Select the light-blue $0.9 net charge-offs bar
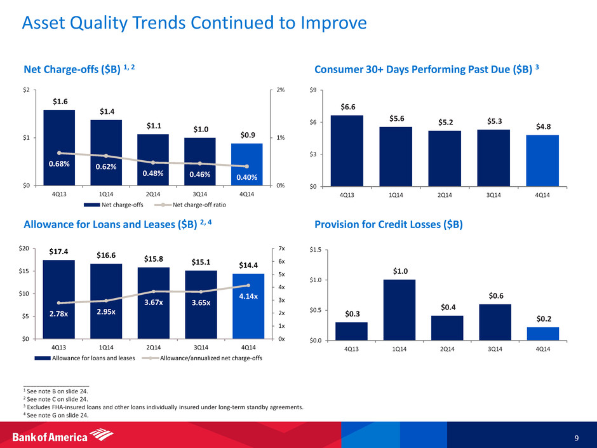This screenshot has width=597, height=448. [247, 164]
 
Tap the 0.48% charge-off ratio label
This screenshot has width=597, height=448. [153, 173]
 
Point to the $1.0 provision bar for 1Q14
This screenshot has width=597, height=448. [399, 309]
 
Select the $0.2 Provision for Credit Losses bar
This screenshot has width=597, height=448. [543, 334]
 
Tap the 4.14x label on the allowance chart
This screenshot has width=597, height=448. [249, 295]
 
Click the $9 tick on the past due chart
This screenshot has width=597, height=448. [314, 90]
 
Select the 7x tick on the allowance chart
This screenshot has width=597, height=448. [282, 248]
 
